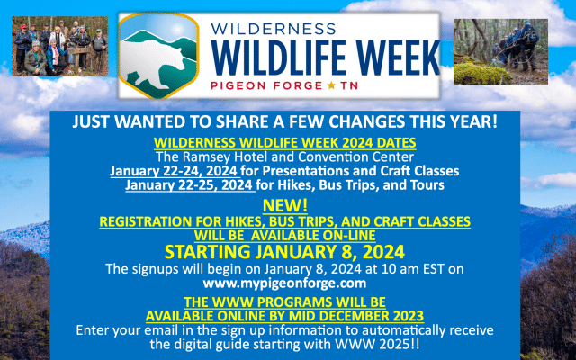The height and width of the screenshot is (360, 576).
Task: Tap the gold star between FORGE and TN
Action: (x=331, y=85)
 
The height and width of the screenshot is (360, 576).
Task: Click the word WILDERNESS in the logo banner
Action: (x=274, y=29)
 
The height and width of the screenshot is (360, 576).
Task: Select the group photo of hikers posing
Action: (x=60, y=46)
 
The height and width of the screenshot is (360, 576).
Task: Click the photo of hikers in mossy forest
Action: (x=500, y=52)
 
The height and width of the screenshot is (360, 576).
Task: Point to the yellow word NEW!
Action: (x=285, y=206)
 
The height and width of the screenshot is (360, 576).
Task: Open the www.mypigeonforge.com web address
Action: (x=284, y=283)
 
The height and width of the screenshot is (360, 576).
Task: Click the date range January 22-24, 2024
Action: (x=174, y=171)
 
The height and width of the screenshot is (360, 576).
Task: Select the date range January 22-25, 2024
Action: (x=189, y=184)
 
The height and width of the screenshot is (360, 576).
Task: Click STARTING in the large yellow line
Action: (x=207, y=252)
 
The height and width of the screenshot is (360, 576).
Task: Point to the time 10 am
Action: (x=400, y=269)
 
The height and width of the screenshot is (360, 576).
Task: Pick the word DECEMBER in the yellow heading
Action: (x=354, y=316)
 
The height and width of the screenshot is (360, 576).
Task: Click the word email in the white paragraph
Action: (x=160, y=330)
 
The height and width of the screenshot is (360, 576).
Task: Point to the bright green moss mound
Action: (x=481, y=74)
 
